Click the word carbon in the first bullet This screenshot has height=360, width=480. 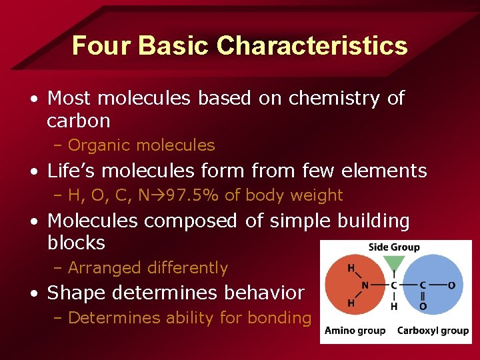[78, 121]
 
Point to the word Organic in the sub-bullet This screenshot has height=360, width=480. [98, 145]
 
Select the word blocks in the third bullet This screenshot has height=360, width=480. [76, 243]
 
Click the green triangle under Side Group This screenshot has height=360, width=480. [395, 262]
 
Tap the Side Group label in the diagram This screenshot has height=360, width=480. [394, 247]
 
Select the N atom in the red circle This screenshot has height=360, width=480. [365, 286]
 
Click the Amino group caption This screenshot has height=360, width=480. [355, 331]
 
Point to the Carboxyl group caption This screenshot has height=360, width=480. [433, 331]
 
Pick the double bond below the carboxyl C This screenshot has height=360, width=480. [423, 297]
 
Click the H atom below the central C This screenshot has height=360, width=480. [395, 307]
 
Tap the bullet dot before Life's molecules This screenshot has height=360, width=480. [33, 171]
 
